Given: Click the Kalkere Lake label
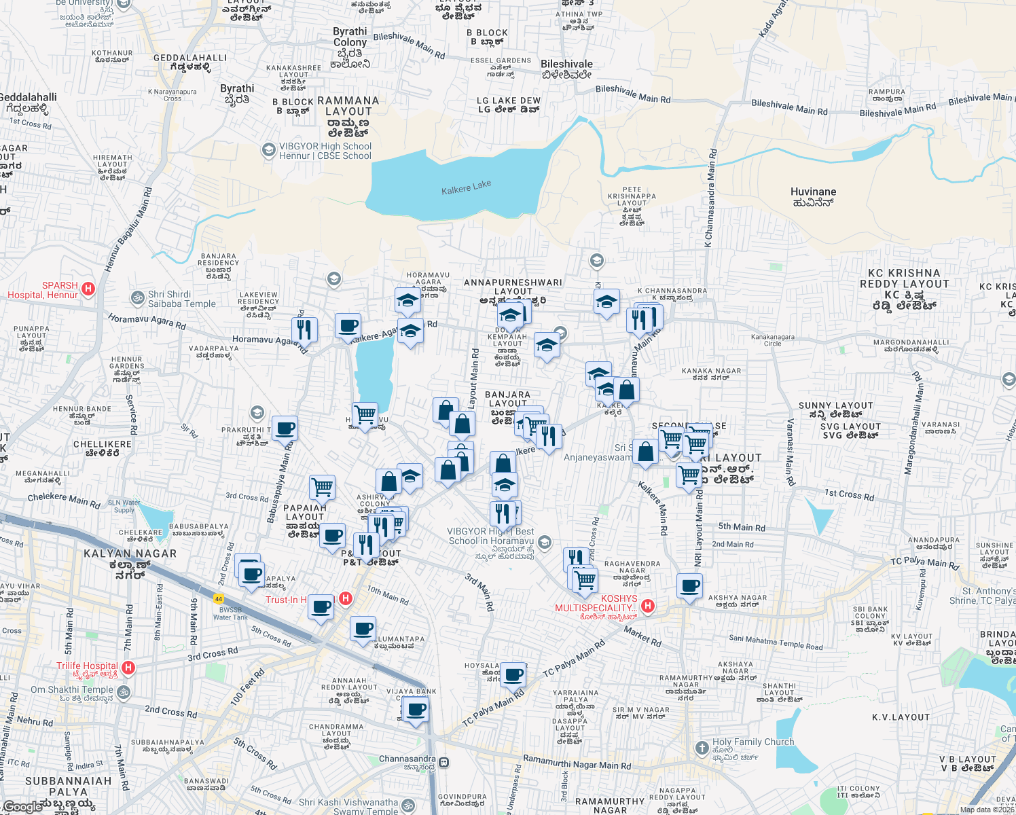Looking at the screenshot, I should [466, 187].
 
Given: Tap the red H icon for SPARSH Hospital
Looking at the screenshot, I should [88, 289].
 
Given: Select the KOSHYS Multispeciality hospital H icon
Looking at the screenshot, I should [648, 605].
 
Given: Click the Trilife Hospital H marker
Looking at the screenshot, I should [128, 668].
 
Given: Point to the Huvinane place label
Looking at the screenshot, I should [813, 196].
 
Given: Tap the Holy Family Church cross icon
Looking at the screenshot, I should [702, 748].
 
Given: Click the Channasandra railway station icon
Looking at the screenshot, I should [444, 763].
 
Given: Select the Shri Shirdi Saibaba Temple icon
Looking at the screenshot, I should [137, 298].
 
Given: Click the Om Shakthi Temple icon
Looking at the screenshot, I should [123, 691].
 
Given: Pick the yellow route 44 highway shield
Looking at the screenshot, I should [218, 598].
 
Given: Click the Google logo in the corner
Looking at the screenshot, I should [22, 807].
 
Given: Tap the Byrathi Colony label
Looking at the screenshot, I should [350, 42].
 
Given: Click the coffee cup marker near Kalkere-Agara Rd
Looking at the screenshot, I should [348, 326].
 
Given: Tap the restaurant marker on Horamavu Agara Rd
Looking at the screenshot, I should [304, 329].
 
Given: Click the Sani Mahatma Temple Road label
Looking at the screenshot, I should [776, 642].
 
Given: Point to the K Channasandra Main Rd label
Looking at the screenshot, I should [710, 198].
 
